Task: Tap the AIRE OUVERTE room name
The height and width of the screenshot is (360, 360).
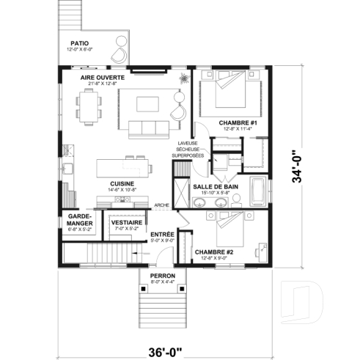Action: click(x=102, y=77)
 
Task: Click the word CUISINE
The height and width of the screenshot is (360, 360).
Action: click(x=121, y=183)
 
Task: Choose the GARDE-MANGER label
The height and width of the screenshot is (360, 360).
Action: click(x=78, y=220)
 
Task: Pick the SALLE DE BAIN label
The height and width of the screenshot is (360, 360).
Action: click(x=214, y=187)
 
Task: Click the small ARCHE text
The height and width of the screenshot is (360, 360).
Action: click(x=161, y=205)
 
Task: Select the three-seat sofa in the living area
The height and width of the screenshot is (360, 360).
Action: click(x=148, y=130)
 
